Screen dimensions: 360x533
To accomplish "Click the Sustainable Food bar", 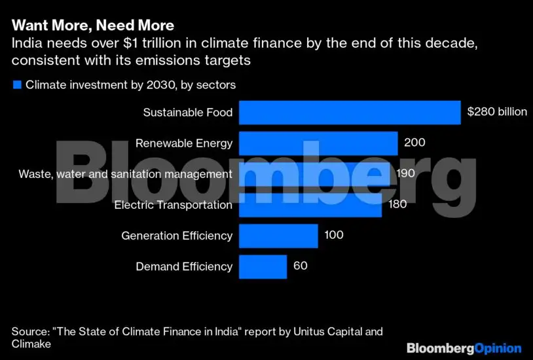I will pos(349,112).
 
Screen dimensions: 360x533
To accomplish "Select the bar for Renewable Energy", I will pos(318,143).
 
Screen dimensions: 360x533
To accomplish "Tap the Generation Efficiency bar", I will pos(278,236).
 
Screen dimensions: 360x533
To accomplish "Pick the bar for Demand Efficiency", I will pos(263,266).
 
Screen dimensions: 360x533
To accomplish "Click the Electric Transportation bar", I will pos(310,205).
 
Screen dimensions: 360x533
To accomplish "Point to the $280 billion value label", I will pos(496,112).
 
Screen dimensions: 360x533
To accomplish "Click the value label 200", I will pos(414,143).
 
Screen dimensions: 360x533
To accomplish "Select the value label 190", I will pos(406,173).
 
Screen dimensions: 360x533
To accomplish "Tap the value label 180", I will pos(397,204).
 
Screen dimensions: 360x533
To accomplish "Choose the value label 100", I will pos(334,236).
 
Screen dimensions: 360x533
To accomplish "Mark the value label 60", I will pos(301,266).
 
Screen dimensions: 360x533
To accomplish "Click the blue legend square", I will pos(17,85).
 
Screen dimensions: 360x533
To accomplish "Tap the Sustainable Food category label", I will pos(188,113).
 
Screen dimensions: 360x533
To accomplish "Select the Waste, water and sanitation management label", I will pos(125,174).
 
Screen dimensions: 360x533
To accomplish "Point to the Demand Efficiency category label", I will pos(184,266).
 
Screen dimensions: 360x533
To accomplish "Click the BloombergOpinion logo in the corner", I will pos(464,348).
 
